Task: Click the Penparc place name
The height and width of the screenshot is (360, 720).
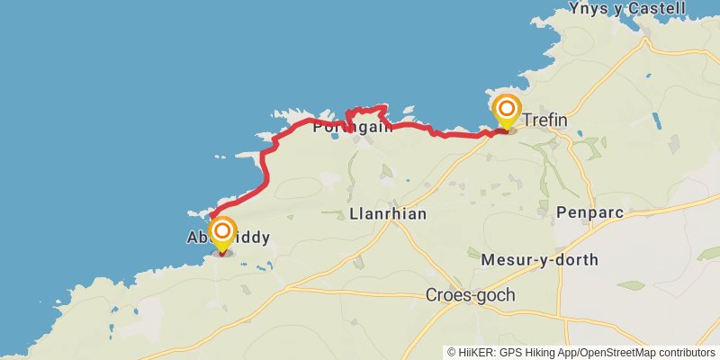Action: point(589,212)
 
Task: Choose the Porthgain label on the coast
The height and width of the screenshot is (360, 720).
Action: point(354,128)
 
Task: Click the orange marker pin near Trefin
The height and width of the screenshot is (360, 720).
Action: point(507,112)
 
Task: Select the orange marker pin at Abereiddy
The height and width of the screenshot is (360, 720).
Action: point(221,234)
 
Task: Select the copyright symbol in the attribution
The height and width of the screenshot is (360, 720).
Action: point(452,353)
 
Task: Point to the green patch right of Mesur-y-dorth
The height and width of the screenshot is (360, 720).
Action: point(631,285)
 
